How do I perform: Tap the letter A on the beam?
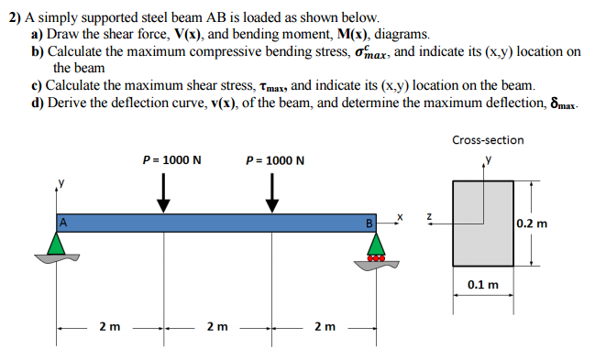pyautogui.click(x=63, y=220)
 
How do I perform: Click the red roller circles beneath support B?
pyautogui.click(x=374, y=257)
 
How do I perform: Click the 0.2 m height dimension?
pyautogui.click(x=533, y=223)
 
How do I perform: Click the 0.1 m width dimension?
pyautogui.click(x=483, y=285)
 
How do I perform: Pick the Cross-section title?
pyautogui.click(x=488, y=140)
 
